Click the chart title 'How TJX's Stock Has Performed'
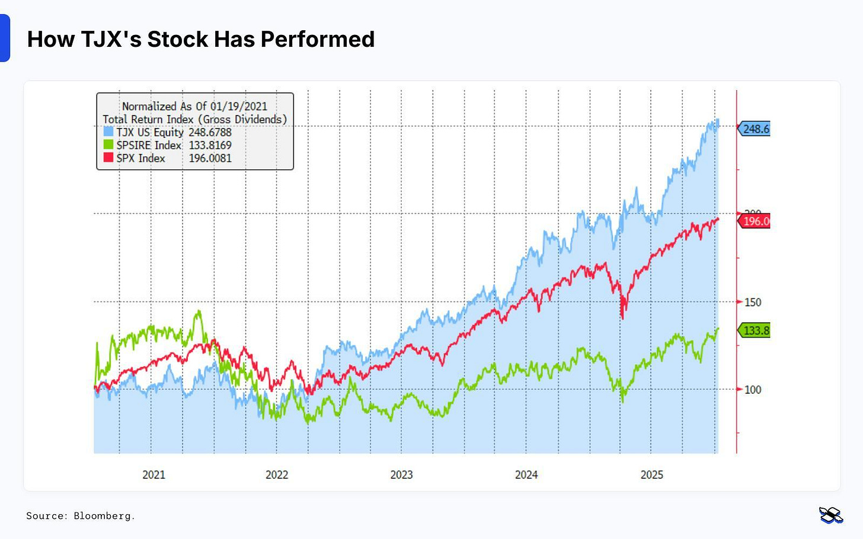[201, 39]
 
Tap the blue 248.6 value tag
[755, 129]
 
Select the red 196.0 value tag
[755, 221]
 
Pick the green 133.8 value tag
[755, 331]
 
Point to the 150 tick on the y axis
[752, 302]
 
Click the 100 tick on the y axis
[752, 390]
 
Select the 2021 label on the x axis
[154, 474]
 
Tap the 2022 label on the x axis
[277, 474]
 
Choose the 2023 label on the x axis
[401, 474]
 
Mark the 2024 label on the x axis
[526, 474]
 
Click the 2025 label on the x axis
[651, 474]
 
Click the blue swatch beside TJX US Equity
[108, 131]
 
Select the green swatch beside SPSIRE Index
[108, 145]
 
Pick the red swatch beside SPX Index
[108, 158]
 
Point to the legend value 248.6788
[210, 132]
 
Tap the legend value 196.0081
[210, 158]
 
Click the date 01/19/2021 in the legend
[238, 106]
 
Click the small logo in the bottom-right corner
[831, 515]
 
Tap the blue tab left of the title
[4, 38]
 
